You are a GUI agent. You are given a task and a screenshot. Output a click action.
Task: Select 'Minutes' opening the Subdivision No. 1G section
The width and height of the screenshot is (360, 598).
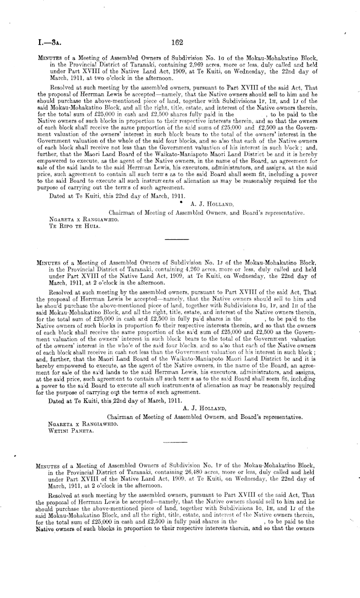[x=45, y=58]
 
